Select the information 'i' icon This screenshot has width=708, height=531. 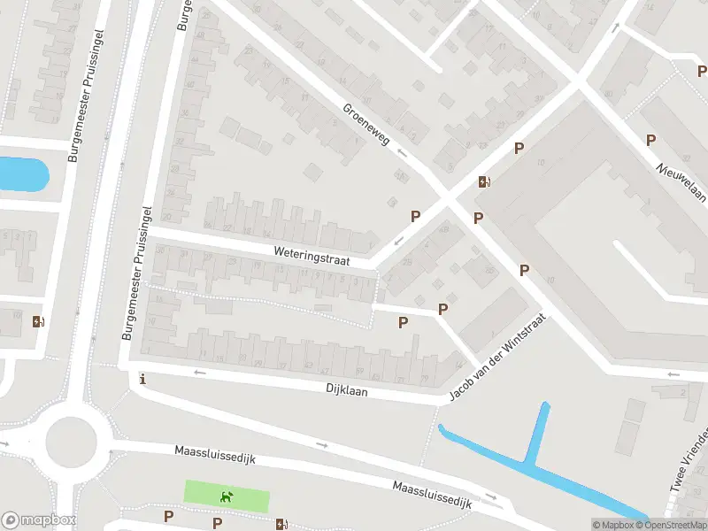pos(142,380)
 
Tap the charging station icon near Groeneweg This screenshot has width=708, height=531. pos(484,182)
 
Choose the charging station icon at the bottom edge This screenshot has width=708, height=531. pos(281,524)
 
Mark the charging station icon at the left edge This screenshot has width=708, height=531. pos(37,321)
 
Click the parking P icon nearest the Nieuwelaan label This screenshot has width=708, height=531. pos(650,140)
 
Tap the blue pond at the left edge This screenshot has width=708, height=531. pos(22,173)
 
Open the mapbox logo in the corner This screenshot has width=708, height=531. pos(38,520)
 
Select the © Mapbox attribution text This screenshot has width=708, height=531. pos(612,525)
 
